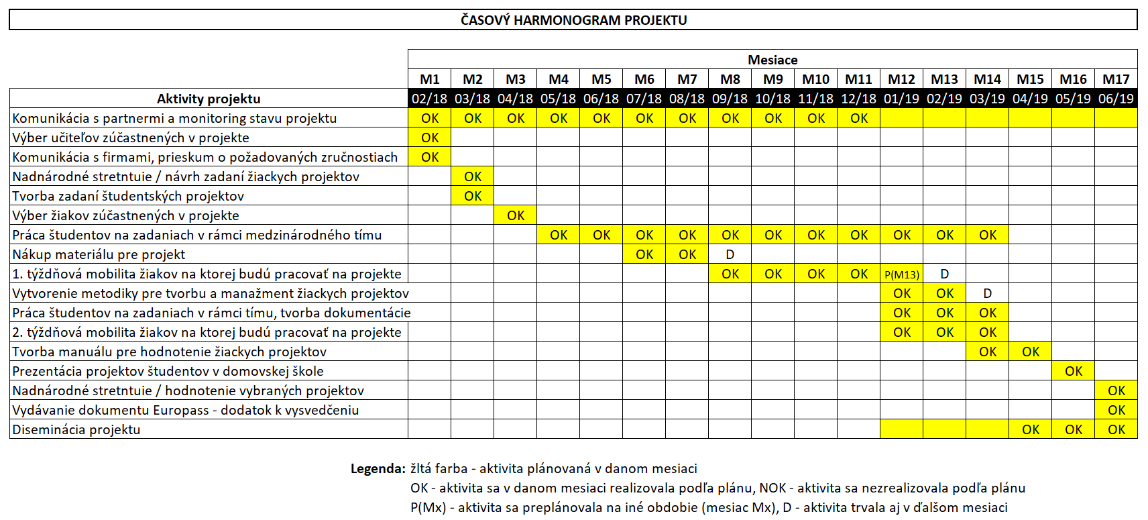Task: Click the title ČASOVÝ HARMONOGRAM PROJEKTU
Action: [573, 20]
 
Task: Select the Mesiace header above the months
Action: [772, 60]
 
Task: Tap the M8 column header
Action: [730, 79]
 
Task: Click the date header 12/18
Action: [858, 99]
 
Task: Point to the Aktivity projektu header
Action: [209, 99]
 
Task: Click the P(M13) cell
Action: [901, 274]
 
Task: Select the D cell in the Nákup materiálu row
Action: [730, 254]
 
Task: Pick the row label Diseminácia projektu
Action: [76, 429]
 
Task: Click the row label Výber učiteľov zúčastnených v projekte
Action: [131, 138]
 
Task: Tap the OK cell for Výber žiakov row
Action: [516, 215]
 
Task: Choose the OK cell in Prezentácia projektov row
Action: [1073, 371]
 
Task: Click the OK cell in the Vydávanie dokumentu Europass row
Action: [1116, 410]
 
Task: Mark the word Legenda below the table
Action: [378, 468]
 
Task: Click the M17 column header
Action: [1116, 79]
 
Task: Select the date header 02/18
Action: [429, 99]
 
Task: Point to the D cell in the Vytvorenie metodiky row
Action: [987, 293]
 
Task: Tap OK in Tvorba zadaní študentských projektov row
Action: [473, 196]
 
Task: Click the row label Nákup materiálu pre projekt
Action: [99, 254]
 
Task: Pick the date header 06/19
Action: [1116, 99]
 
